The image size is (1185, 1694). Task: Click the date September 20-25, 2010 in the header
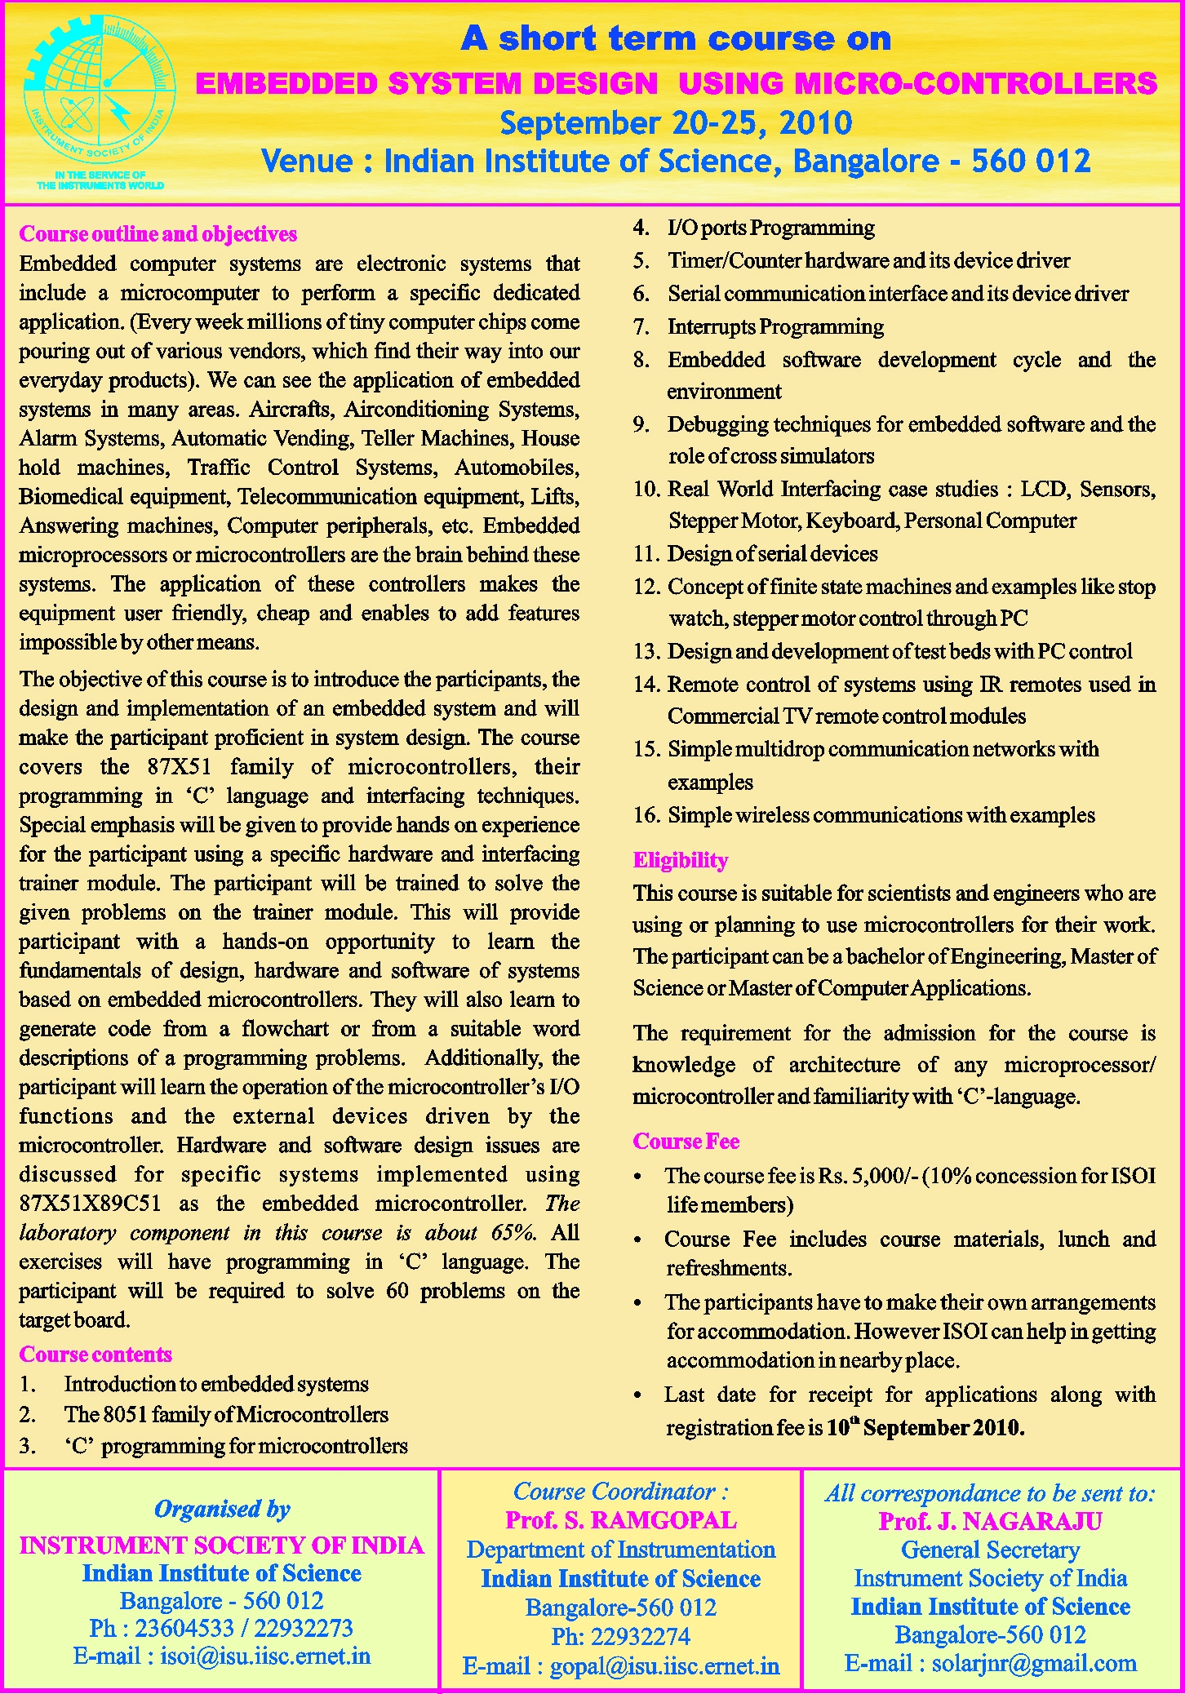(x=676, y=123)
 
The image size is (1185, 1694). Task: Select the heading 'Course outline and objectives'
(x=158, y=234)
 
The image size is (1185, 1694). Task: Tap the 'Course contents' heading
(x=95, y=1355)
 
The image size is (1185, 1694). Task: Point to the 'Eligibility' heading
(x=680, y=860)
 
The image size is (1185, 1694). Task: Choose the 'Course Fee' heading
(x=686, y=1142)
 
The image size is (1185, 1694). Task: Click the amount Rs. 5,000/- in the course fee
(x=869, y=1176)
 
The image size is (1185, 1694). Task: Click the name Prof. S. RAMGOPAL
(x=620, y=1520)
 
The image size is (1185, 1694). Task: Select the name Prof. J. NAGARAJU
(x=990, y=1522)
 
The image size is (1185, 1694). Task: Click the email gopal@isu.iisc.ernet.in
(x=664, y=1666)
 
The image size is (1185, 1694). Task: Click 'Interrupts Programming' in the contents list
(x=775, y=327)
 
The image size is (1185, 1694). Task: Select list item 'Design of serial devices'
(x=772, y=554)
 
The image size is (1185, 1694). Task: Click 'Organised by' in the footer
(x=222, y=1510)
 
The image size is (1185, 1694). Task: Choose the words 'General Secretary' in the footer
(x=990, y=1550)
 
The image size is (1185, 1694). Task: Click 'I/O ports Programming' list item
(x=770, y=228)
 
